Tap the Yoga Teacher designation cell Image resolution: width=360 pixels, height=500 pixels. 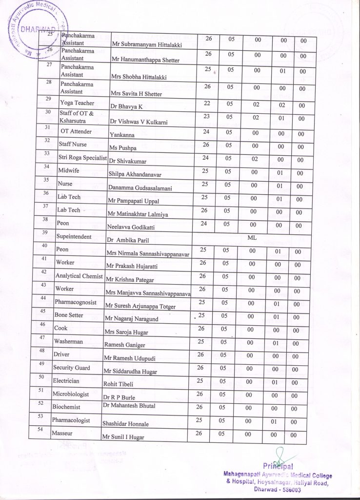[77, 103]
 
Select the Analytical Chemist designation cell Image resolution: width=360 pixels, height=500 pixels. [79, 276]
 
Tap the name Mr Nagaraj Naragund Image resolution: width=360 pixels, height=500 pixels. [134, 319]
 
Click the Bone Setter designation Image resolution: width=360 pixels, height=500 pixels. [69, 315]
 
